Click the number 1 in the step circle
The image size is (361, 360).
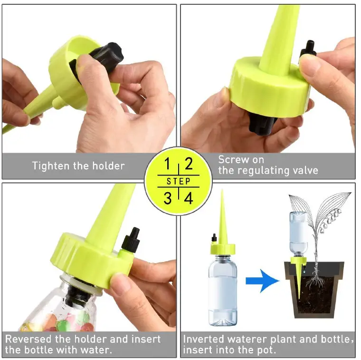167,165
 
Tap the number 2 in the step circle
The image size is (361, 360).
189,165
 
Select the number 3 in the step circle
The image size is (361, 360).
167,197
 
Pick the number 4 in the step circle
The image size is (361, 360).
189,197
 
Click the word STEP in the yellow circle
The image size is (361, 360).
178,181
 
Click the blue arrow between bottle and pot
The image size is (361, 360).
262,282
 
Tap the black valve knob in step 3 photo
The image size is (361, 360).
131,241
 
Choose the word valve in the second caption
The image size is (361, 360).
304,170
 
